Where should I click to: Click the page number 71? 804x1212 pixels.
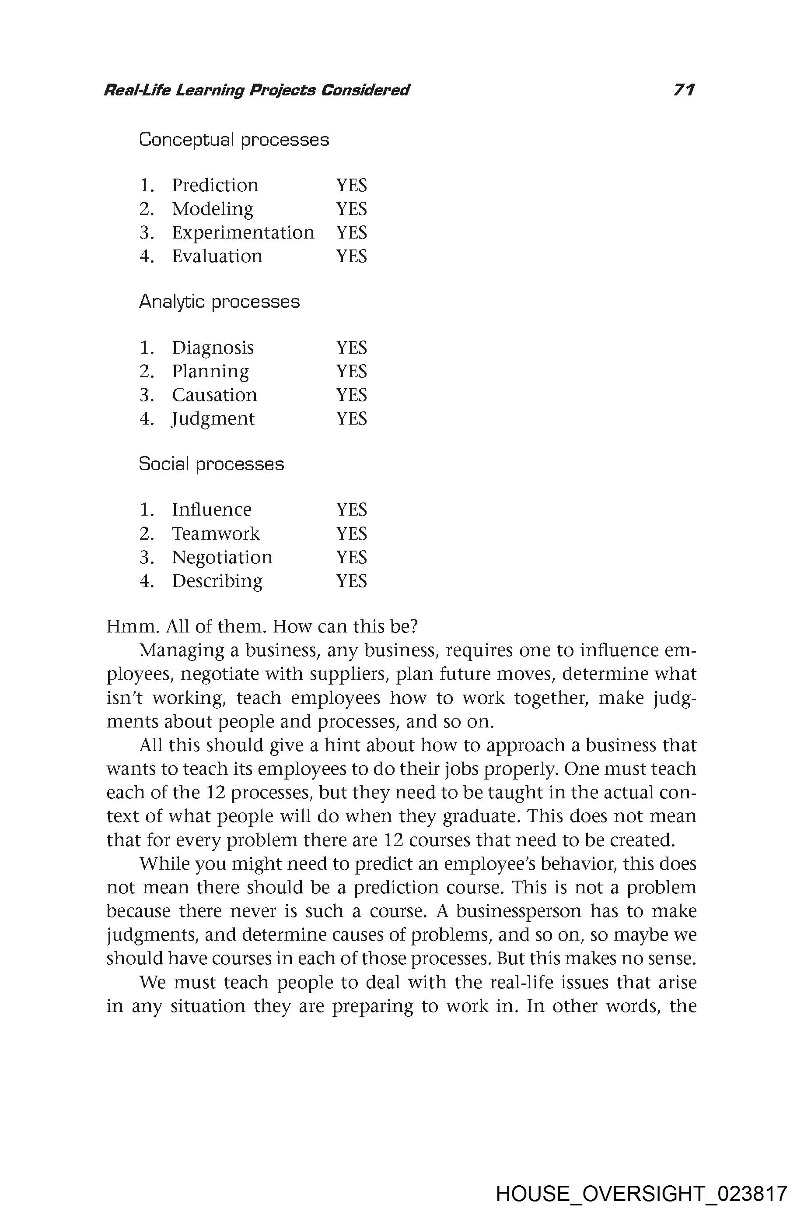coord(684,90)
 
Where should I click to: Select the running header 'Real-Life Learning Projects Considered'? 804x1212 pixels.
coord(256,90)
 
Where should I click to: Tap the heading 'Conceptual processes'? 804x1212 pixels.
coord(234,140)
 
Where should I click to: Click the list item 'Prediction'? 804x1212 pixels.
coord(215,185)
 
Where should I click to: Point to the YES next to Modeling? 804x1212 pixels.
coord(351,209)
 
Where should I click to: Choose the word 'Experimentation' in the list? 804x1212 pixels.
coord(242,232)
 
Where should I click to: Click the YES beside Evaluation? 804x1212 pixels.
coord(351,256)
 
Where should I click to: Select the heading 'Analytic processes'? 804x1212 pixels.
coord(219,301)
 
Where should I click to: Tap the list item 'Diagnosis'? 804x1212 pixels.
coord(212,348)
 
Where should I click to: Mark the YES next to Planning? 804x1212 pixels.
coord(351,371)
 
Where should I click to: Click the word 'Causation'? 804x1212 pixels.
coord(214,395)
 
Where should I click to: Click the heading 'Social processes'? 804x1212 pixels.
coord(211,464)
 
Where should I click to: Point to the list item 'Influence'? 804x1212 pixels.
coord(211,509)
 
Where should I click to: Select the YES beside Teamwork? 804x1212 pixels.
coord(351,534)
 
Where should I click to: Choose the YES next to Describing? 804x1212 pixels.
coord(351,581)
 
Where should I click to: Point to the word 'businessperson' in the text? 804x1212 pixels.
coord(518,911)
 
